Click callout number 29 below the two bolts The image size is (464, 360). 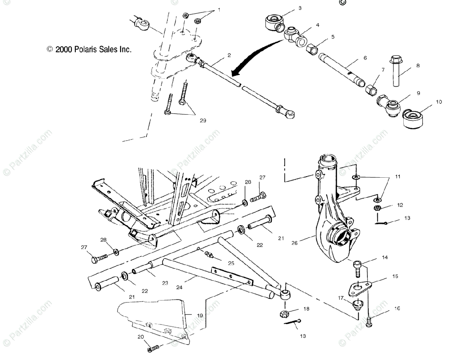(203, 121)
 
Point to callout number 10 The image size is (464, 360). (438, 102)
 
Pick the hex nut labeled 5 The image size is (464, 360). (312, 49)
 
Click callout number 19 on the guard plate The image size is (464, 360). (200, 315)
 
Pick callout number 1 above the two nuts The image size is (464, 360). (220, 9)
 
